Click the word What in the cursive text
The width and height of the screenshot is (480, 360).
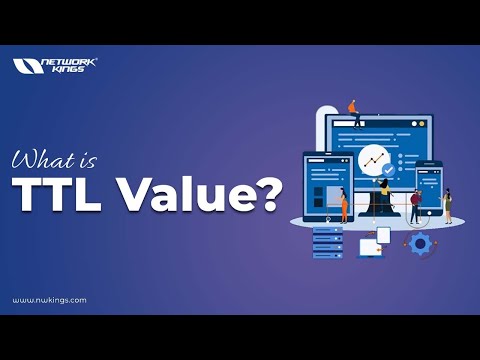coord(39,159)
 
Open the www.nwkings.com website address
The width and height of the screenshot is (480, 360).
coord(49,299)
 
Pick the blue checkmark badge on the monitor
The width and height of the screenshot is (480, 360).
coord(388,169)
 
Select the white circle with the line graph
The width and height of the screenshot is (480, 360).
coord(374,158)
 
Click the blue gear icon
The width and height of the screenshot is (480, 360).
coord(420,243)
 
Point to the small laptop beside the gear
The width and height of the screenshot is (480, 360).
coord(372,243)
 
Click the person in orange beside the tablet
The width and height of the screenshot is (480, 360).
coord(344,205)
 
